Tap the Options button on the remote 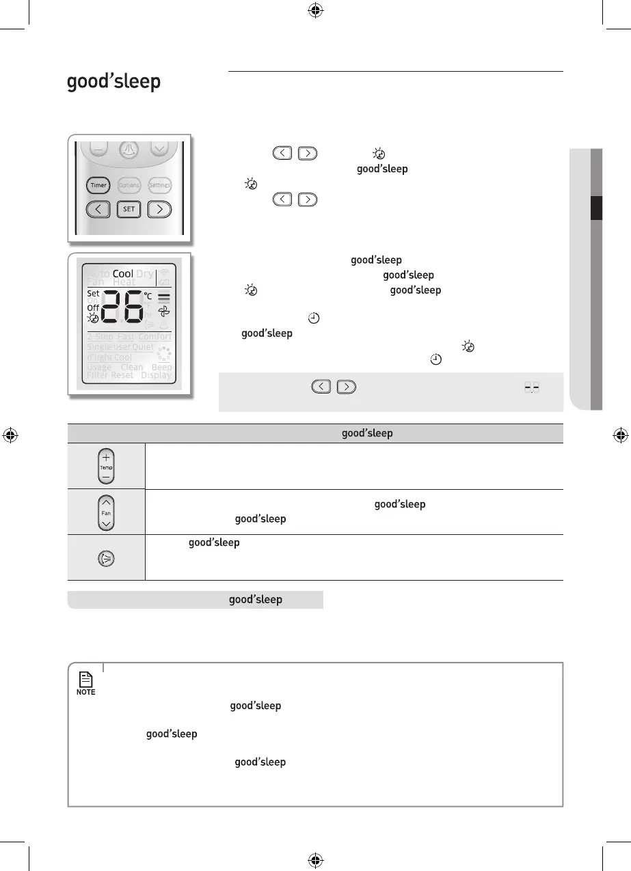pyautogui.click(x=129, y=185)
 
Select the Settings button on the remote pyautogui.click(x=159, y=185)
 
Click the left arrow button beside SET pyautogui.click(x=99, y=209)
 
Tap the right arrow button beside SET pyautogui.click(x=159, y=209)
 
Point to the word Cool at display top pyautogui.click(x=123, y=274)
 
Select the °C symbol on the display pyautogui.click(x=148, y=296)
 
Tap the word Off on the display pyautogui.click(x=93, y=308)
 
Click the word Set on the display pyautogui.click(x=93, y=293)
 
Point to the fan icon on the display pyautogui.click(x=163, y=311)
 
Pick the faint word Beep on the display pyautogui.click(x=162, y=367)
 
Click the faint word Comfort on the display pyautogui.click(x=155, y=337)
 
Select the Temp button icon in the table pyautogui.click(x=106, y=467)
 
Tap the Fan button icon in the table pyautogui.click(x=106, y=512)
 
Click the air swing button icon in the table pyautogui.click(x=106, y=557)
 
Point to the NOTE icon pyautogui.click(x=86, y=682)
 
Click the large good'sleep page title pyautogui.click(x=113, y=83)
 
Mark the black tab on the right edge pyautogui.click(x=597, y=208)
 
